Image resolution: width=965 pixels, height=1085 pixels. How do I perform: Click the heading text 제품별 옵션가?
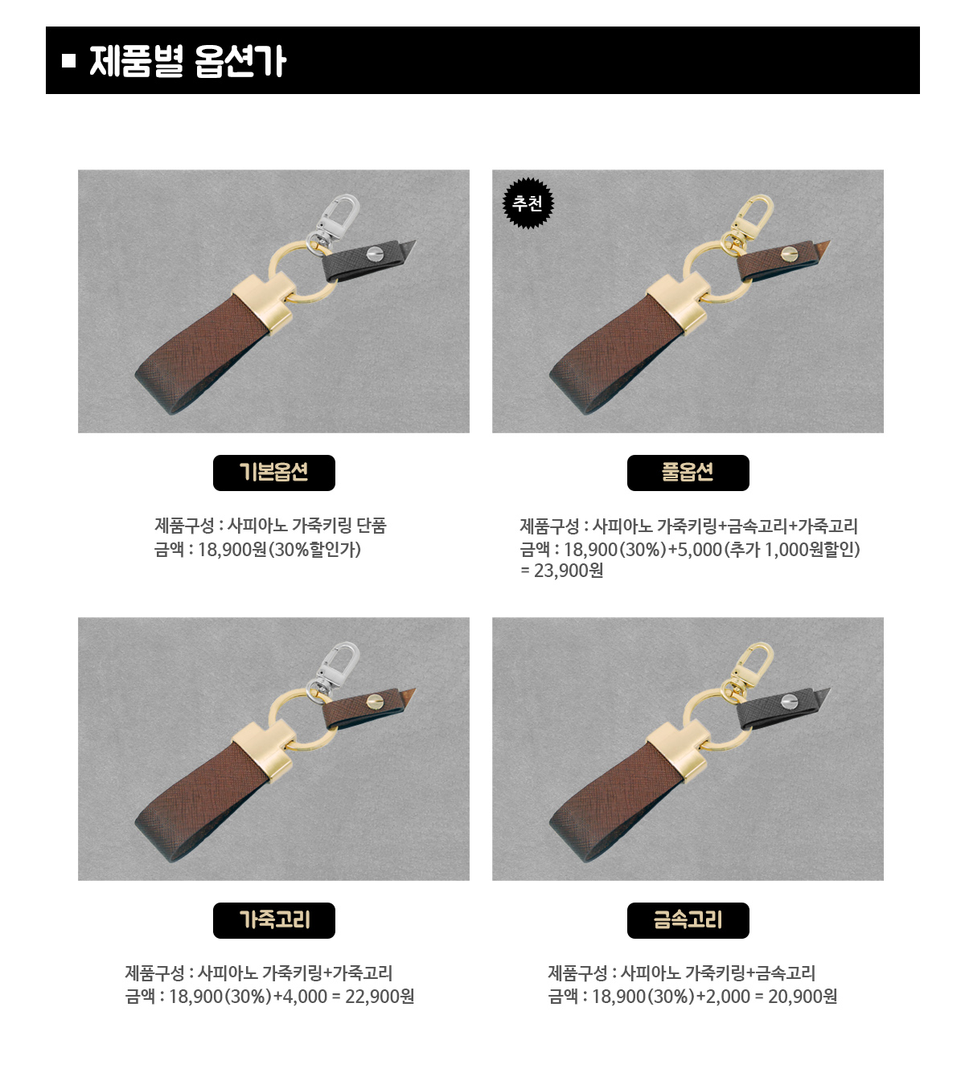[187, 61]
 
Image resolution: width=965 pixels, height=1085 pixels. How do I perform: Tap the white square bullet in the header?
[68, 60]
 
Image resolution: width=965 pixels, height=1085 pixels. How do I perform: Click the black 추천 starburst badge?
[528, 203]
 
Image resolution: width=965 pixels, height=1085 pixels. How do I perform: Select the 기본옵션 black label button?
[273, 473]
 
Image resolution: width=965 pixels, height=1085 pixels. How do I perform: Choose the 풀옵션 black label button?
[688, 473]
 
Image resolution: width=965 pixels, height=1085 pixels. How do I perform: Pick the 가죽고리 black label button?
[273, 920]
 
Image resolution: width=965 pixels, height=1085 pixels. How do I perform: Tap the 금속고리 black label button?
[688, 920]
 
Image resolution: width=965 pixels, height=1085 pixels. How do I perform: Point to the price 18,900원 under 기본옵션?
[232, 550]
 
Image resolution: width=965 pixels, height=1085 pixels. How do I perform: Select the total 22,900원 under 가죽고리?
[380, 997]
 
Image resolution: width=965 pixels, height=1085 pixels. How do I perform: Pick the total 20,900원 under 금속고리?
[803, 997]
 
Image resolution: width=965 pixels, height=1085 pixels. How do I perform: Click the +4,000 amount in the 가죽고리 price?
[300, 997]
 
